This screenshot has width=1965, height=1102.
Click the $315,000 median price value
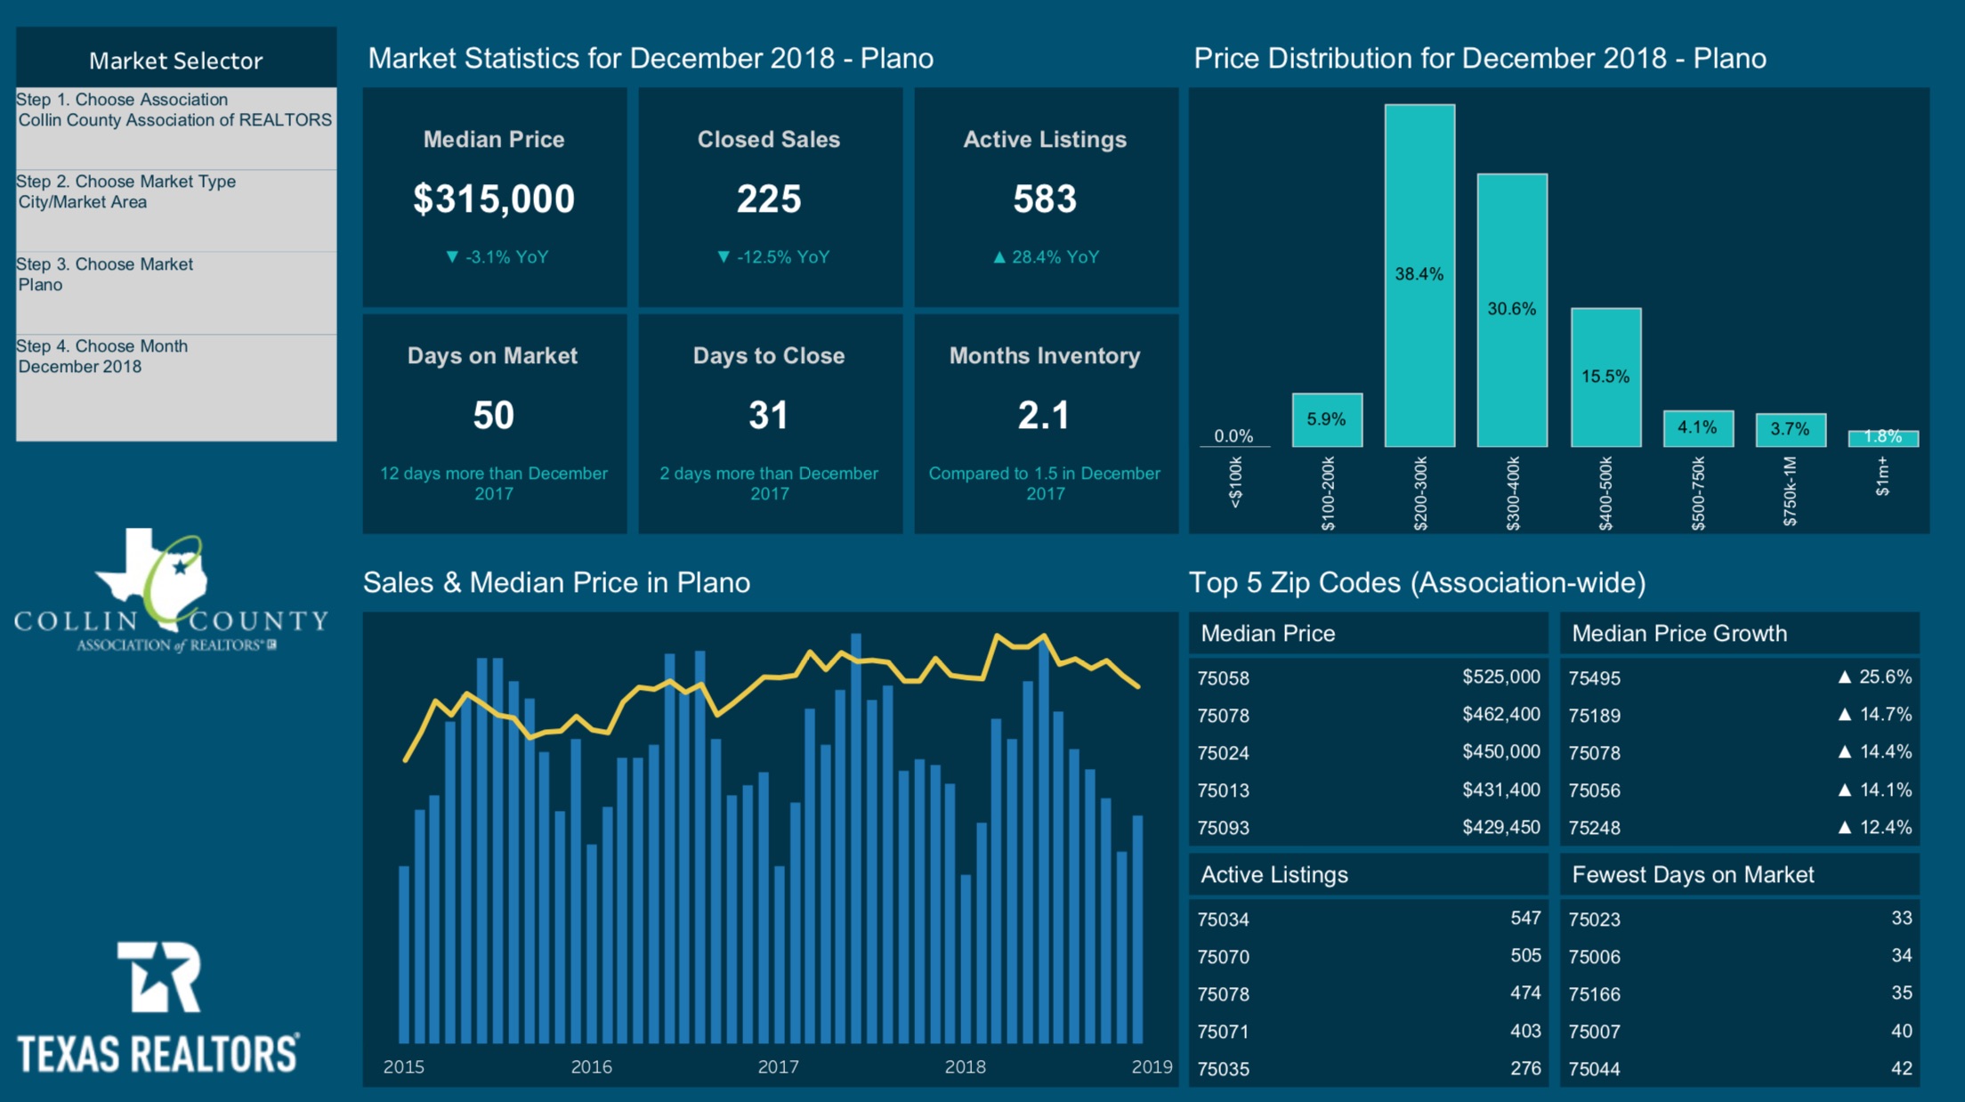[493, 199]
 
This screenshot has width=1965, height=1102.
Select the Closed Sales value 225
[769, 199]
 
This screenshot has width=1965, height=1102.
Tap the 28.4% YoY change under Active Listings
[1046, 257]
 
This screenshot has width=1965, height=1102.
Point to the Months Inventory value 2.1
[1044, 416]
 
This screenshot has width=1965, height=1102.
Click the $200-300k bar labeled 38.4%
[1419, 275]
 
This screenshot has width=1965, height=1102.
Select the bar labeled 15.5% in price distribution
[1605, 377]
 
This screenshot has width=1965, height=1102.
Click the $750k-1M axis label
[1790, 491]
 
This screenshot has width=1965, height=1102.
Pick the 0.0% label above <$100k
[1233, 436]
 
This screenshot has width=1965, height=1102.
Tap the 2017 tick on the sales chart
[778, 1066]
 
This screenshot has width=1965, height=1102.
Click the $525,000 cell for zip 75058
[1500, 677]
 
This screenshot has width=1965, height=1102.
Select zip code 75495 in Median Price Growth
[1594, 678]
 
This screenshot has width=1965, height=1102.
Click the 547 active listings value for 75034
[1525, 918]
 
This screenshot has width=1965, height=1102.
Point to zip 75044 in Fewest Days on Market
[1594, 1069]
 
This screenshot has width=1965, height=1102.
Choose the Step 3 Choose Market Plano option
[105, 275]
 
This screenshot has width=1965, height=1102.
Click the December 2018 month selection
[80, 367]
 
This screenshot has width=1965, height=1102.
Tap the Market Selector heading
[175, 61]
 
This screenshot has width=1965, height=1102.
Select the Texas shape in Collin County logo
[151, 574]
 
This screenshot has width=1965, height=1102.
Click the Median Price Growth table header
[1678, 634]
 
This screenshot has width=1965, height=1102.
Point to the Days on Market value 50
[493, 416]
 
